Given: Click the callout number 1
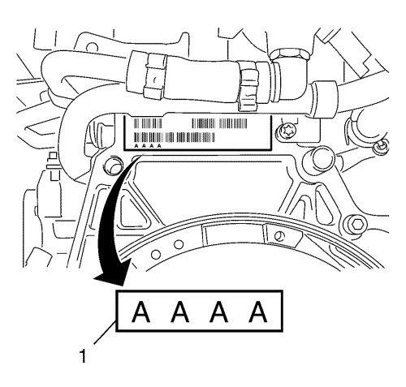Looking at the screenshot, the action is (x=83, y=356).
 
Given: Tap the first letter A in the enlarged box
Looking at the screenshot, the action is (x=140, y=312).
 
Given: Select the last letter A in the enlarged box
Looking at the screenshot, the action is (x=258, y=312).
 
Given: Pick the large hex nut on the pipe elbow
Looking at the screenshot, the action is (x=290, y=55).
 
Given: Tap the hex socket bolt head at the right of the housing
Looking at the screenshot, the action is (x=355, y=223).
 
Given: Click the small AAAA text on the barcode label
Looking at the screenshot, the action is (x=148, y=146).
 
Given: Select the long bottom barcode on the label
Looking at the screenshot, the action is (x=175, y=137).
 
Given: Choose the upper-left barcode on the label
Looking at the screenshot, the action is (x=148, y=123).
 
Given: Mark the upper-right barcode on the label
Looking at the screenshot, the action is (x=219, y=123).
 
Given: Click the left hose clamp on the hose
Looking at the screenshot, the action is (x=154, y=75).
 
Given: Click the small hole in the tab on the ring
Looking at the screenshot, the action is (x=278, y=236).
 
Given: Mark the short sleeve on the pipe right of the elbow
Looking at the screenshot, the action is (x=324, y=99).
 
